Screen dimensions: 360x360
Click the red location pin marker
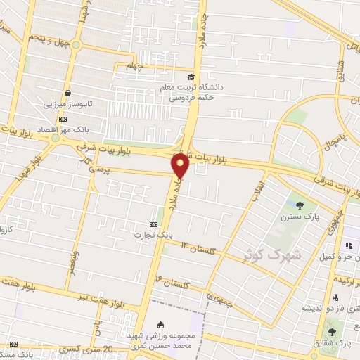pyautogui.click(x=181, y=165)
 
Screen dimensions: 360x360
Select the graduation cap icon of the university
pyautogui.click(x=191, y=77)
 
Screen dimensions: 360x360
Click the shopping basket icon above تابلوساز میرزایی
pyautogui.click(x=67, y=92)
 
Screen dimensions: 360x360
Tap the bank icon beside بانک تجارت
pyautogui.click(x=145, y=224)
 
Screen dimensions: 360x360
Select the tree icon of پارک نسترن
pyautogui.click(x=301, y=205)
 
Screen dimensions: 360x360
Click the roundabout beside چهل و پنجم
pyautogui.click(x=75, y=46)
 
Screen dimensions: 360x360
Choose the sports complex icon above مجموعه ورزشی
pyautogui.click(x=161, y=324)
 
